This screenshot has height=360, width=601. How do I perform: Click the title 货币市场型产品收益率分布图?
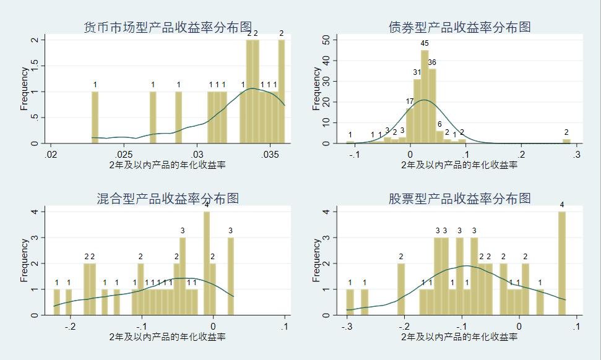[168, 27]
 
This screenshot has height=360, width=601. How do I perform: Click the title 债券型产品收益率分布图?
[459, 27]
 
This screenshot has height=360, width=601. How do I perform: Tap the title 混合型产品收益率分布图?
[168, 199]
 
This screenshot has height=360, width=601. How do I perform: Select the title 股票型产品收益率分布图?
[459, 199]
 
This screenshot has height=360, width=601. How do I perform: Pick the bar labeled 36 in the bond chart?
[432, 106]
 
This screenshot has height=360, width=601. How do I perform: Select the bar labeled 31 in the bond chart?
[417, 111]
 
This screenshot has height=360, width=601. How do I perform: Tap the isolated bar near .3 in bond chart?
[566, 141]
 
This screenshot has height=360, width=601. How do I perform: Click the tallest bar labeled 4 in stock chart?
[562, 263]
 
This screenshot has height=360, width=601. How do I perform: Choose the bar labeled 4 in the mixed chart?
[207, 263]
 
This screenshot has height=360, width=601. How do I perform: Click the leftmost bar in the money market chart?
[95, 118]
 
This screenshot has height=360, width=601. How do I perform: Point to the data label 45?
[425, 43]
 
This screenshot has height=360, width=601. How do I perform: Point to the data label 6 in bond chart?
[439, 124]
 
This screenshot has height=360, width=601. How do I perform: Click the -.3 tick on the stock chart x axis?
[347, 326]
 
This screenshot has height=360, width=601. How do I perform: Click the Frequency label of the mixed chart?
[24, 260]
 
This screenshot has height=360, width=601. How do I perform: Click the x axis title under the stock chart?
[459, 337]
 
